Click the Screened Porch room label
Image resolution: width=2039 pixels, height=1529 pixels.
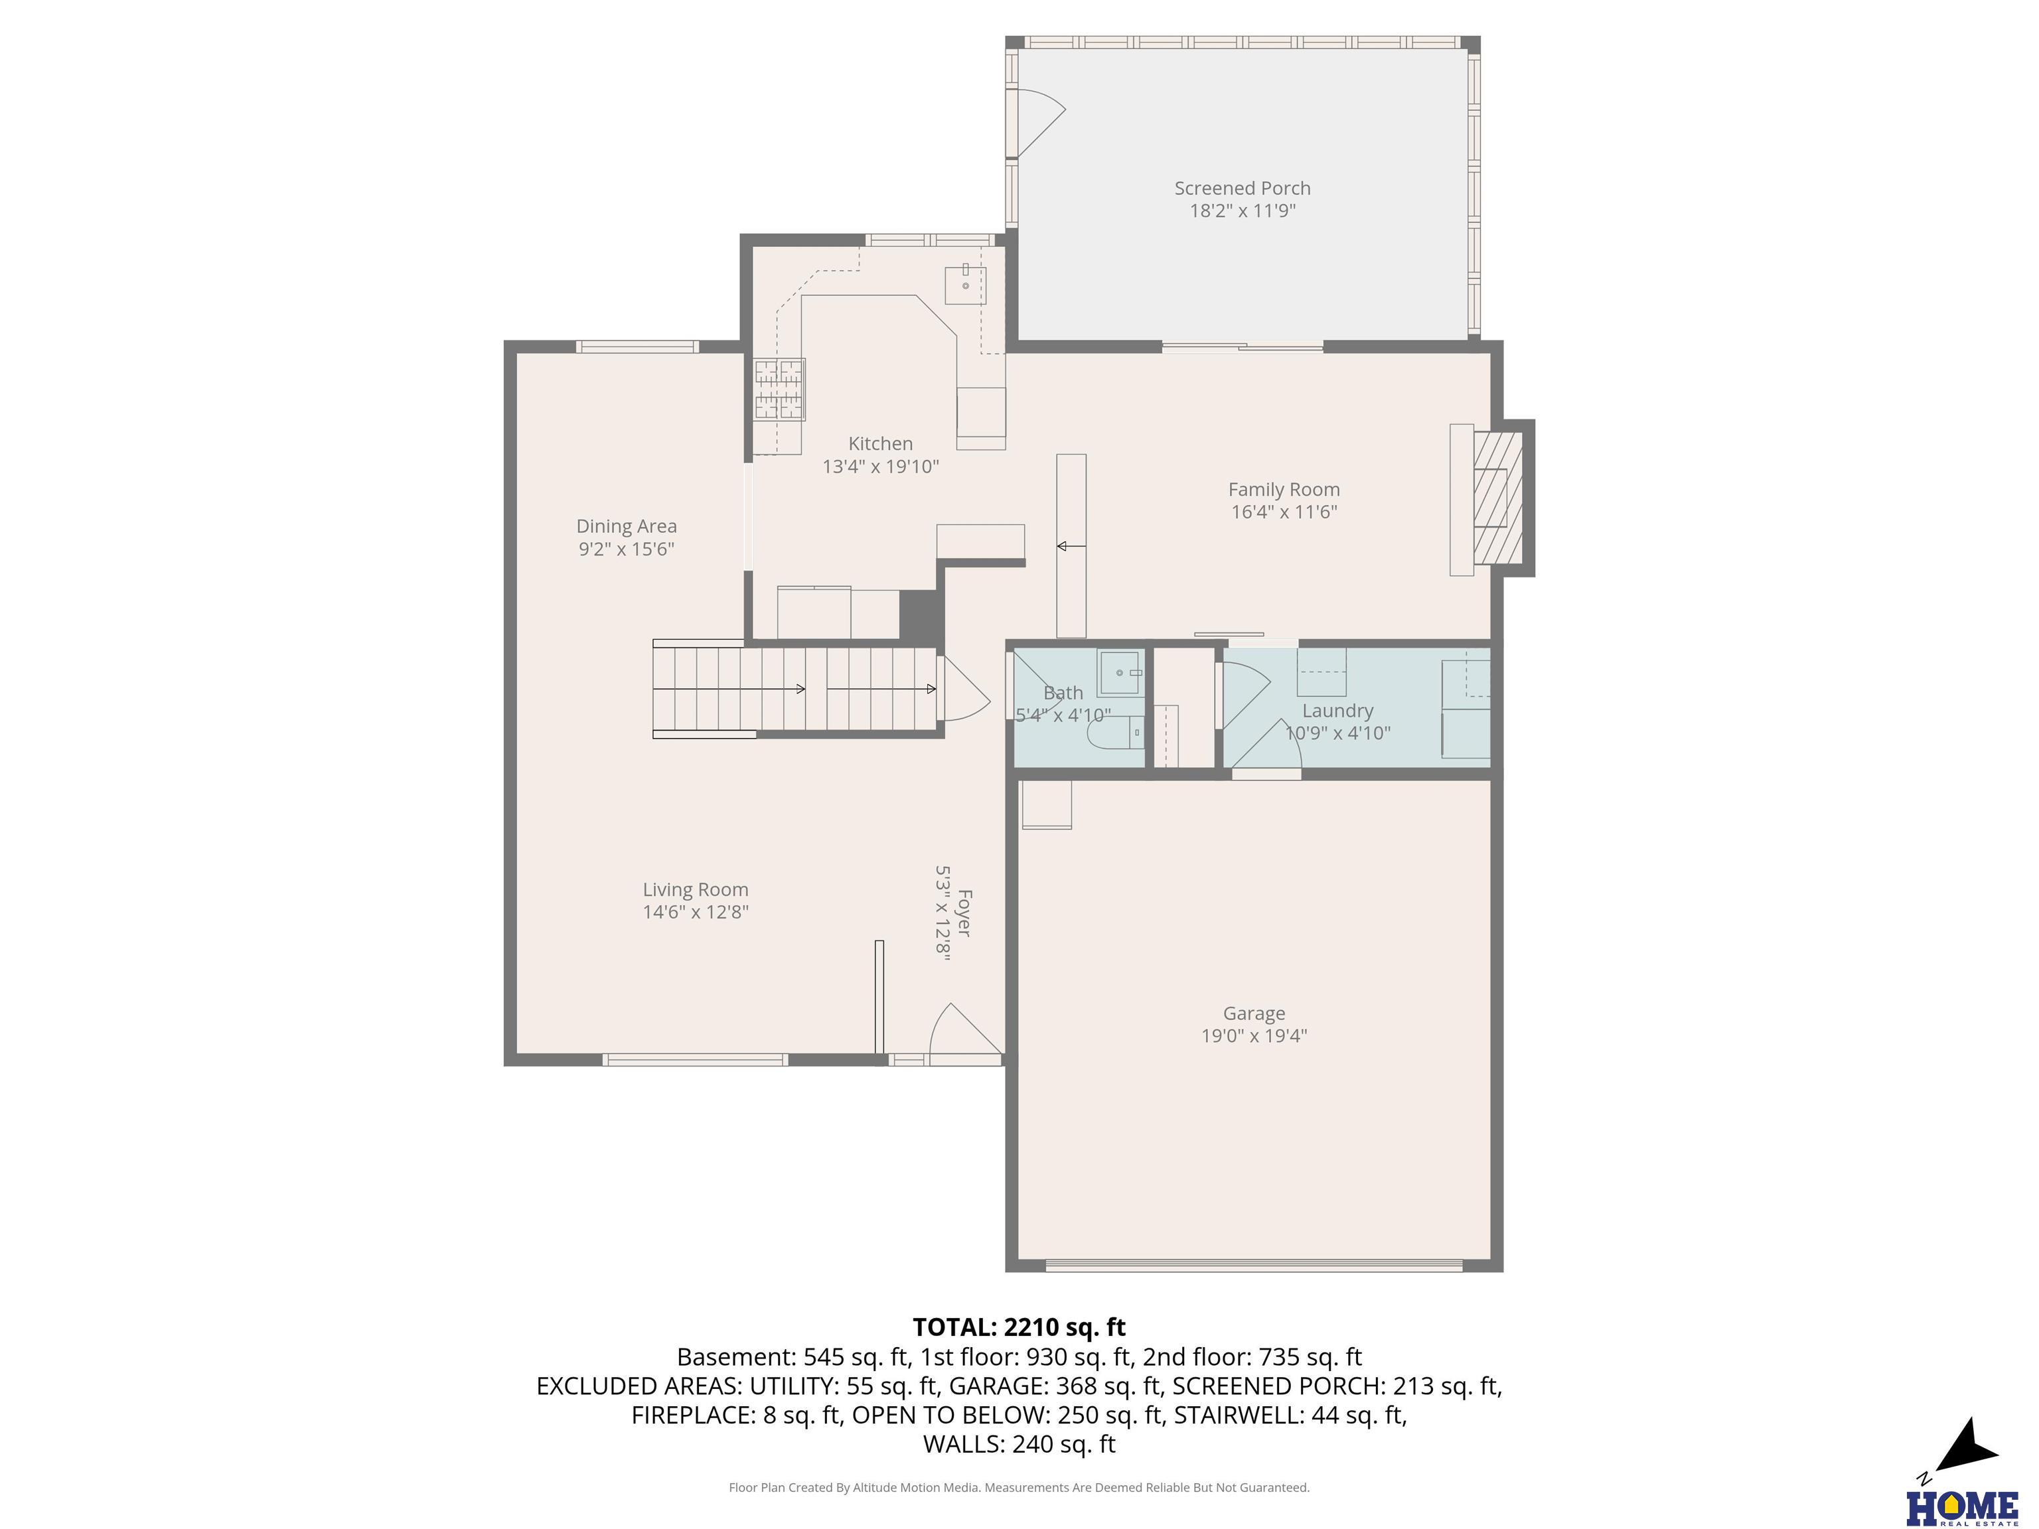click(x=1242, y=188)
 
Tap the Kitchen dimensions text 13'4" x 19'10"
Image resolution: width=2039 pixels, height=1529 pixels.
click(x=880, y=467)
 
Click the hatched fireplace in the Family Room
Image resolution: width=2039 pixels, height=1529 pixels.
click(x=1498, y=498)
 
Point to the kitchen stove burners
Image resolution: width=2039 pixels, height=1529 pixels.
click(x=780, y=389)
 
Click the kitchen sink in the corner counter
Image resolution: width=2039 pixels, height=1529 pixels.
click(x=965, y=285)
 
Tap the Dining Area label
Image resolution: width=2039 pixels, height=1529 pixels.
click(x=627, y=526)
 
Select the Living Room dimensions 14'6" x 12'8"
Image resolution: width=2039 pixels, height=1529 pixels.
click(x=696, y=912)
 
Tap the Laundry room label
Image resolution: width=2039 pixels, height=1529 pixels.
click(x=1337, y=711)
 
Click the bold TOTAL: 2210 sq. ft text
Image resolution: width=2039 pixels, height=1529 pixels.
click(x=1019, y=1327)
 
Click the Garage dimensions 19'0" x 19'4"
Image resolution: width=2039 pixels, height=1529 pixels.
click(x=1254, y=1036)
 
